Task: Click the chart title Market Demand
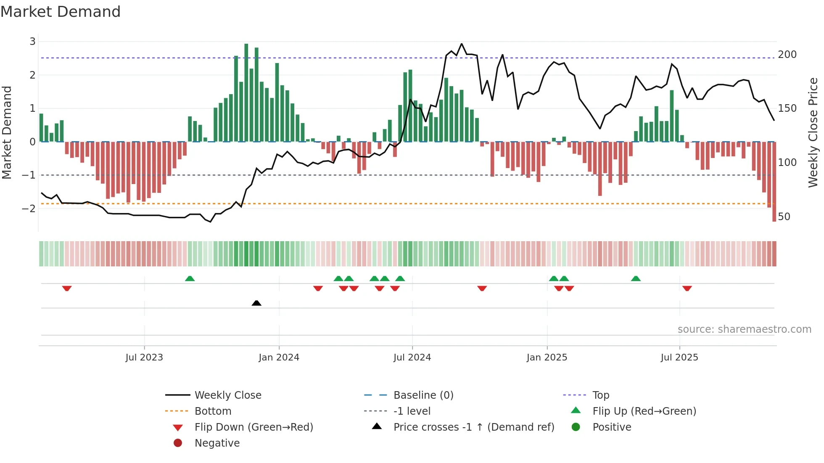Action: [x=61, y=12]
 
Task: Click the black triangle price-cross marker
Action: [x=256, y=303]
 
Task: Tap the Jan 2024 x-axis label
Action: [x=279, y=358]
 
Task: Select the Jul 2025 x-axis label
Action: [x=679, y=358]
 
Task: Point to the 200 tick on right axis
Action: [x=787, y=55]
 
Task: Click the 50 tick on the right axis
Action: [x=784, y=217]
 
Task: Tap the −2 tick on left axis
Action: [x=29, y=208]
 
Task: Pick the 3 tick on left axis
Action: [x=32, y=42]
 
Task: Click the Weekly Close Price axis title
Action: [x=813, y=132]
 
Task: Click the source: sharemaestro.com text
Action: [x=744, y=329]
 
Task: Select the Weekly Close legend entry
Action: [x=227, y=395]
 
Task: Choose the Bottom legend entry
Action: [x=213, y=411]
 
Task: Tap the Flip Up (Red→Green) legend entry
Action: [x=644, y=411]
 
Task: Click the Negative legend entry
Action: [x=217, y=443]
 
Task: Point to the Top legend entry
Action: [x=601, y=395]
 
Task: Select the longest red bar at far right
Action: [x=774, y=182]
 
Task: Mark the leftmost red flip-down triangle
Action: [x=67, y=288]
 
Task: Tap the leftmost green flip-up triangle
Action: [x=190, y=279]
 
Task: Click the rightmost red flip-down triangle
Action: [x=687, y=288]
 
